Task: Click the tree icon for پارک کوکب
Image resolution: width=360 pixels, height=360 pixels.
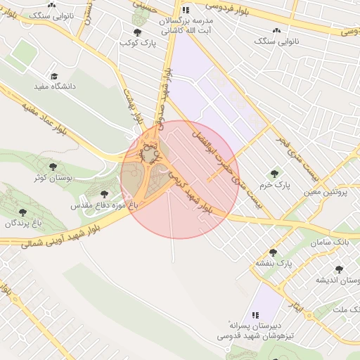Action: (x=137, y=32)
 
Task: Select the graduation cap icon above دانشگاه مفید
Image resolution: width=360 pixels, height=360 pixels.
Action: (x=53, y=76)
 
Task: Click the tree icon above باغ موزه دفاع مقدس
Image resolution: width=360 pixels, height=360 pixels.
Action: (x=104, y=194)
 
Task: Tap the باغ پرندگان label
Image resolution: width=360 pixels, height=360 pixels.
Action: (x=20, y=223)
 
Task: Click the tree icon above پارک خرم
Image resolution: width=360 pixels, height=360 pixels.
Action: (x=274, y=173)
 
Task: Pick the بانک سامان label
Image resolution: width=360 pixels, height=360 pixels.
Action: (x=338, y=241)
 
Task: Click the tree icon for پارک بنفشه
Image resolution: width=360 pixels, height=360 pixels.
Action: (x=274, y=252)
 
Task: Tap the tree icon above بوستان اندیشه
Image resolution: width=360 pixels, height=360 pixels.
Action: (x=340, y=269)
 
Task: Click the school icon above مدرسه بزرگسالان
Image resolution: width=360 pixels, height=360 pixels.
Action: (x=186, y=11)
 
